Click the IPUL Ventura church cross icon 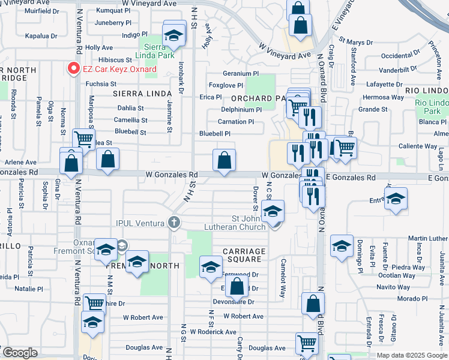174,223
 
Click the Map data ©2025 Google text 412,355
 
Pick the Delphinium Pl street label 241,110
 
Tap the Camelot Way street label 282,282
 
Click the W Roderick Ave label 213,332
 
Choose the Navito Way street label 393,288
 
